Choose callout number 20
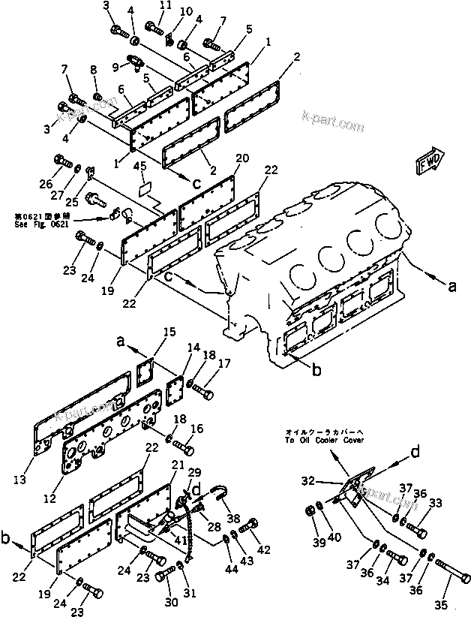[241, 158]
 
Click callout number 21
[177, 465]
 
